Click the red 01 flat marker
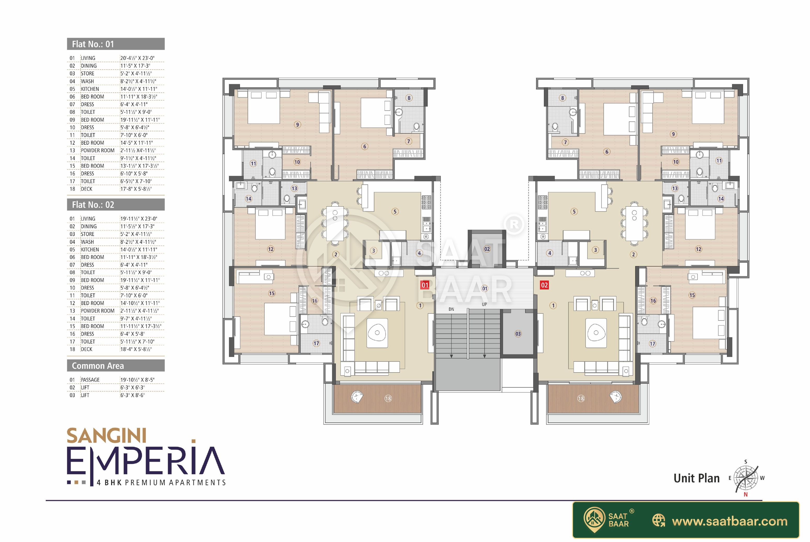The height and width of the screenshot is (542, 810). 425,285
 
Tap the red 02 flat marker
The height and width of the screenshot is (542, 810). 544,285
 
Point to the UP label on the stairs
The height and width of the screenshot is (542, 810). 484,304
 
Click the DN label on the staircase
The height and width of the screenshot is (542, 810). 451,309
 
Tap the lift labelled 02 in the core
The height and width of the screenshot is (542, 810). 487,248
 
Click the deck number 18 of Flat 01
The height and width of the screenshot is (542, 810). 388,399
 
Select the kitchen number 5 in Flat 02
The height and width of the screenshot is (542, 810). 574,212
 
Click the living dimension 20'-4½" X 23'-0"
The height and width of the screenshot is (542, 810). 137,58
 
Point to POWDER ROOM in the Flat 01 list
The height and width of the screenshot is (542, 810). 97,150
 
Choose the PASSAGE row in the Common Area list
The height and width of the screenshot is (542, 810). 116,380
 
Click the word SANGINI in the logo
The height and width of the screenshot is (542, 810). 106,436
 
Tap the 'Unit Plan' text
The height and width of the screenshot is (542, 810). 696,478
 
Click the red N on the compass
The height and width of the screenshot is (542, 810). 745,495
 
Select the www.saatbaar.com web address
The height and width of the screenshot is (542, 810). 729,521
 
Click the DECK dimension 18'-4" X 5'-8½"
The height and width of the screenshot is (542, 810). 136,349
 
